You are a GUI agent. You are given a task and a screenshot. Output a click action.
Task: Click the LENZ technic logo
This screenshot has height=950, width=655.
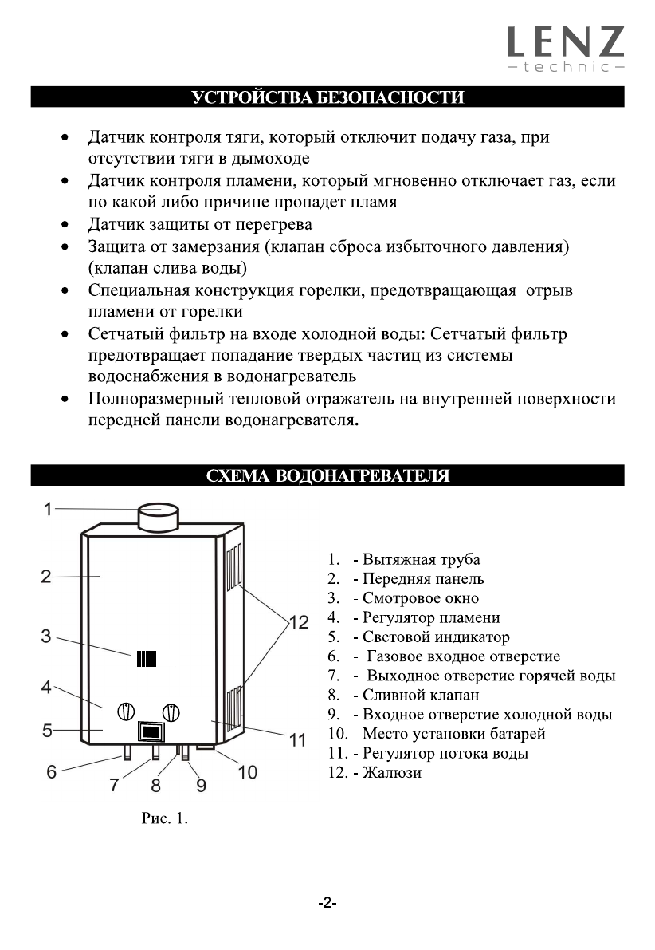[566, 48]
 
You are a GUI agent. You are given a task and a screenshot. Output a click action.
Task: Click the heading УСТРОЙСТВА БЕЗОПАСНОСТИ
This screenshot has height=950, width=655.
[327, 98]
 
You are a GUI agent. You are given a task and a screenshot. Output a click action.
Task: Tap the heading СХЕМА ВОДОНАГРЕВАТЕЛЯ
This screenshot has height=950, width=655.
[327, 476]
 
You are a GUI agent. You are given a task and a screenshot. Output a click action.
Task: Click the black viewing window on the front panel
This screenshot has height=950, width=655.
[146, 659]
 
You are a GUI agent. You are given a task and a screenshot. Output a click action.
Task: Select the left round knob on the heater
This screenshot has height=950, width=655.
[127, 711]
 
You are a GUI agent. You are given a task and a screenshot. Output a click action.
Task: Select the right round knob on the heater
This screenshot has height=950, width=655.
[171, 712]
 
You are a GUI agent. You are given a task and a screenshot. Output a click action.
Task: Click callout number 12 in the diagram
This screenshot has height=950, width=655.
[298, 623]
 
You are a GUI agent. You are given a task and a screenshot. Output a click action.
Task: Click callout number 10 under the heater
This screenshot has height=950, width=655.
[248, 772]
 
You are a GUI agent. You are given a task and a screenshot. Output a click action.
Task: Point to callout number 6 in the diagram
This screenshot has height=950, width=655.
[52, 772]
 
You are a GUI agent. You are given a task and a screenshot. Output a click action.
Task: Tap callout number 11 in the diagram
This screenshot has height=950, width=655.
[297, 740]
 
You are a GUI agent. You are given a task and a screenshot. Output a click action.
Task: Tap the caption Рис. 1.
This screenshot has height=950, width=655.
[165, 818]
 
